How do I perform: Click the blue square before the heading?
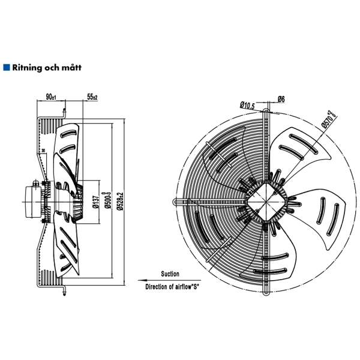pyautogui.click(x=7, y=68)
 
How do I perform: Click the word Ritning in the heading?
pyautogui.click(x=27, y=68)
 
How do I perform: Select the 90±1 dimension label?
pyautogui.click(x=51, y=97)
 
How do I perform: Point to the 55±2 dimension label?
pyautogui.click(x=92, y=97)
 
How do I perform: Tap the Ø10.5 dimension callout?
pyautogui.click(x=248, y=106)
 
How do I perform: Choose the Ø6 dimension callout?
pyautogui.click(x=281, y=99)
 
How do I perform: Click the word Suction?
pyautogui.click(x=170, y=273)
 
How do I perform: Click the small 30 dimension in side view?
pyautogui.click(x=44, y=150)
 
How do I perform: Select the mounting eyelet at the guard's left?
pyautogui.click(x=174, y=202)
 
